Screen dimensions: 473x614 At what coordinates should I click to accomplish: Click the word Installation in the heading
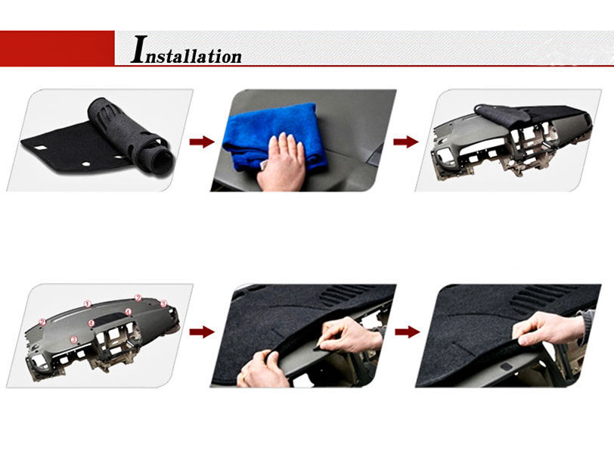[186, 54]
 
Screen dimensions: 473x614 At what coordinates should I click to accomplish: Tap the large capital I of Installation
[138, 49]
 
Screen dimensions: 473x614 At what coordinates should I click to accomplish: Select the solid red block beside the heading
[57, 48]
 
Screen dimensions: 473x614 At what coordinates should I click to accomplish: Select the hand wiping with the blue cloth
[281, 163]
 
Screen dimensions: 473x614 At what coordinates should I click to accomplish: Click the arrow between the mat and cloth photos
[201, 141]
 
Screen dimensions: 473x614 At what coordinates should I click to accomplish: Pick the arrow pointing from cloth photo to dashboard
[406, 142]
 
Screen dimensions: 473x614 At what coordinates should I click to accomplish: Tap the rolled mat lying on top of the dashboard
[501, 115]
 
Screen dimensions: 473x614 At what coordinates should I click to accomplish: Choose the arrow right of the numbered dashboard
[201, 331]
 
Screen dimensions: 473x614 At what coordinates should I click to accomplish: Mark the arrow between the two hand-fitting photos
[406, 331]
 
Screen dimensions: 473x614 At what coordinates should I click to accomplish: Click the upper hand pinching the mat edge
[344, 333]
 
